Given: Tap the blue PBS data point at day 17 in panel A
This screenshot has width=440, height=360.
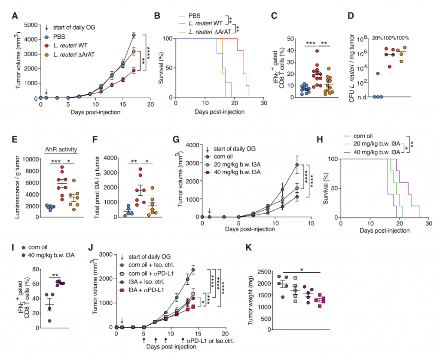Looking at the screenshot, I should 134,35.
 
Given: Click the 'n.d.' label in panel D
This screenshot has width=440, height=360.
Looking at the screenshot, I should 363,97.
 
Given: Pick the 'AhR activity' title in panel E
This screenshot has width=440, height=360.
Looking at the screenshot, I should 62,149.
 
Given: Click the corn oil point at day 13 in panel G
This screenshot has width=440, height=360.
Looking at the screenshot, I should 296,165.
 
